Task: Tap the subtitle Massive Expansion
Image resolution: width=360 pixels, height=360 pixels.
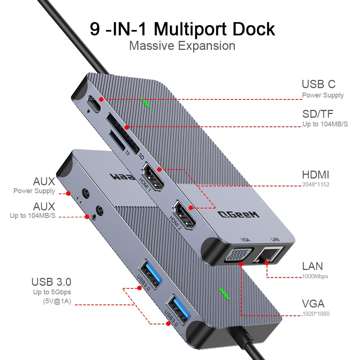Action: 182,46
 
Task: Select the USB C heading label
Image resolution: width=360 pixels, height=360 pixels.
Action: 318,84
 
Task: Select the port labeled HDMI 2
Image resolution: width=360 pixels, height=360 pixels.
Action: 183,216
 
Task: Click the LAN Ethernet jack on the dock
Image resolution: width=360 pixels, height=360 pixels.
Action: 269,255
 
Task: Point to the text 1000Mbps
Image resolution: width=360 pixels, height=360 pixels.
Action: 315,276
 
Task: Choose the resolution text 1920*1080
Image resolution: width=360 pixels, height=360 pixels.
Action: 316,313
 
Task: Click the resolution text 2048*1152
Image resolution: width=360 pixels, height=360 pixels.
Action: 316,184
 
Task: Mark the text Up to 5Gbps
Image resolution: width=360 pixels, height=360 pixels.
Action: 51,292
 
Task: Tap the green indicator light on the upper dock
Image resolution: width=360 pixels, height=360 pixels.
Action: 145,103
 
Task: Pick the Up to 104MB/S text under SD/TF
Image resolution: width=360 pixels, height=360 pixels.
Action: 325,124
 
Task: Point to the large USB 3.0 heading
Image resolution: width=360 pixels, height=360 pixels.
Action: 51,281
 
